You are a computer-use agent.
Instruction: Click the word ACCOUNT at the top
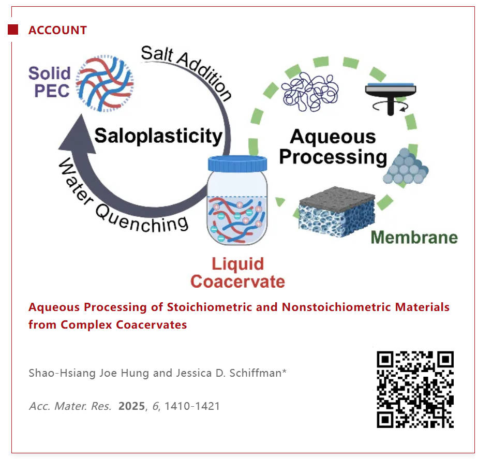tap(57, 30)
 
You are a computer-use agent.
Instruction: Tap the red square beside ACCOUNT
tap(13, 29)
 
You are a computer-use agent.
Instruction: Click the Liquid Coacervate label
tap(237, 272)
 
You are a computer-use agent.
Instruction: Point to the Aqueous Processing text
tap(333, 146)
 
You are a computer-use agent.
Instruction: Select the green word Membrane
tap(414, 237)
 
